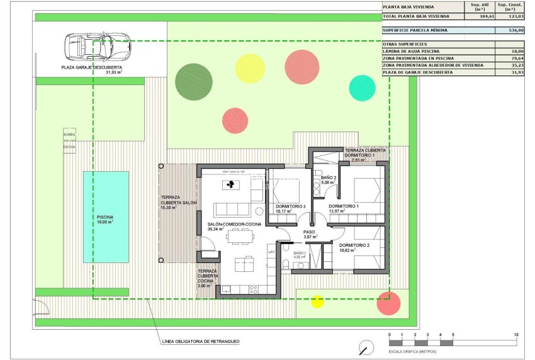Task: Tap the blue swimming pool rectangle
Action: pyautogui.click(x=106, y=217)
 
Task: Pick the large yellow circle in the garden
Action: pyautogui.click(x=250, y=69)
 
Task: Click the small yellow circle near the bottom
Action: pyautogui.click(x=318, y=301)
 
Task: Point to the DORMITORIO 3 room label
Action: pyautogui.click(x=290, y=207)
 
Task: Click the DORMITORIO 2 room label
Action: pyautogui.click(x=354, y=245)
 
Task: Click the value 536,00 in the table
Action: pyautogui.click(x=515, y=30)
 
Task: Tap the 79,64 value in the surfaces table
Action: pyautogui.click(x=515, y=58)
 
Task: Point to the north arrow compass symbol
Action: pyautogui.click(x=363, y=347)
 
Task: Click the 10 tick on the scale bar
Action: pyautogui.click(x=516, y=335)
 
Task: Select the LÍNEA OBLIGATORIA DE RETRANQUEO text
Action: pyautogui.click(x=200, y=341)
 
